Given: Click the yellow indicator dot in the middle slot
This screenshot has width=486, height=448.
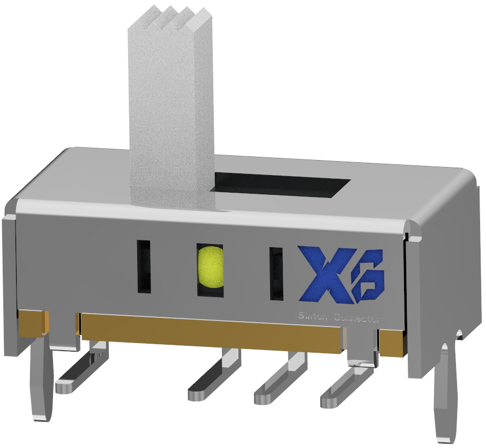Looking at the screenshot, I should [x=210, y=266].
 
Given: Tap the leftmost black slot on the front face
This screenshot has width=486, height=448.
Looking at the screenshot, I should [x=144, y=267].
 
